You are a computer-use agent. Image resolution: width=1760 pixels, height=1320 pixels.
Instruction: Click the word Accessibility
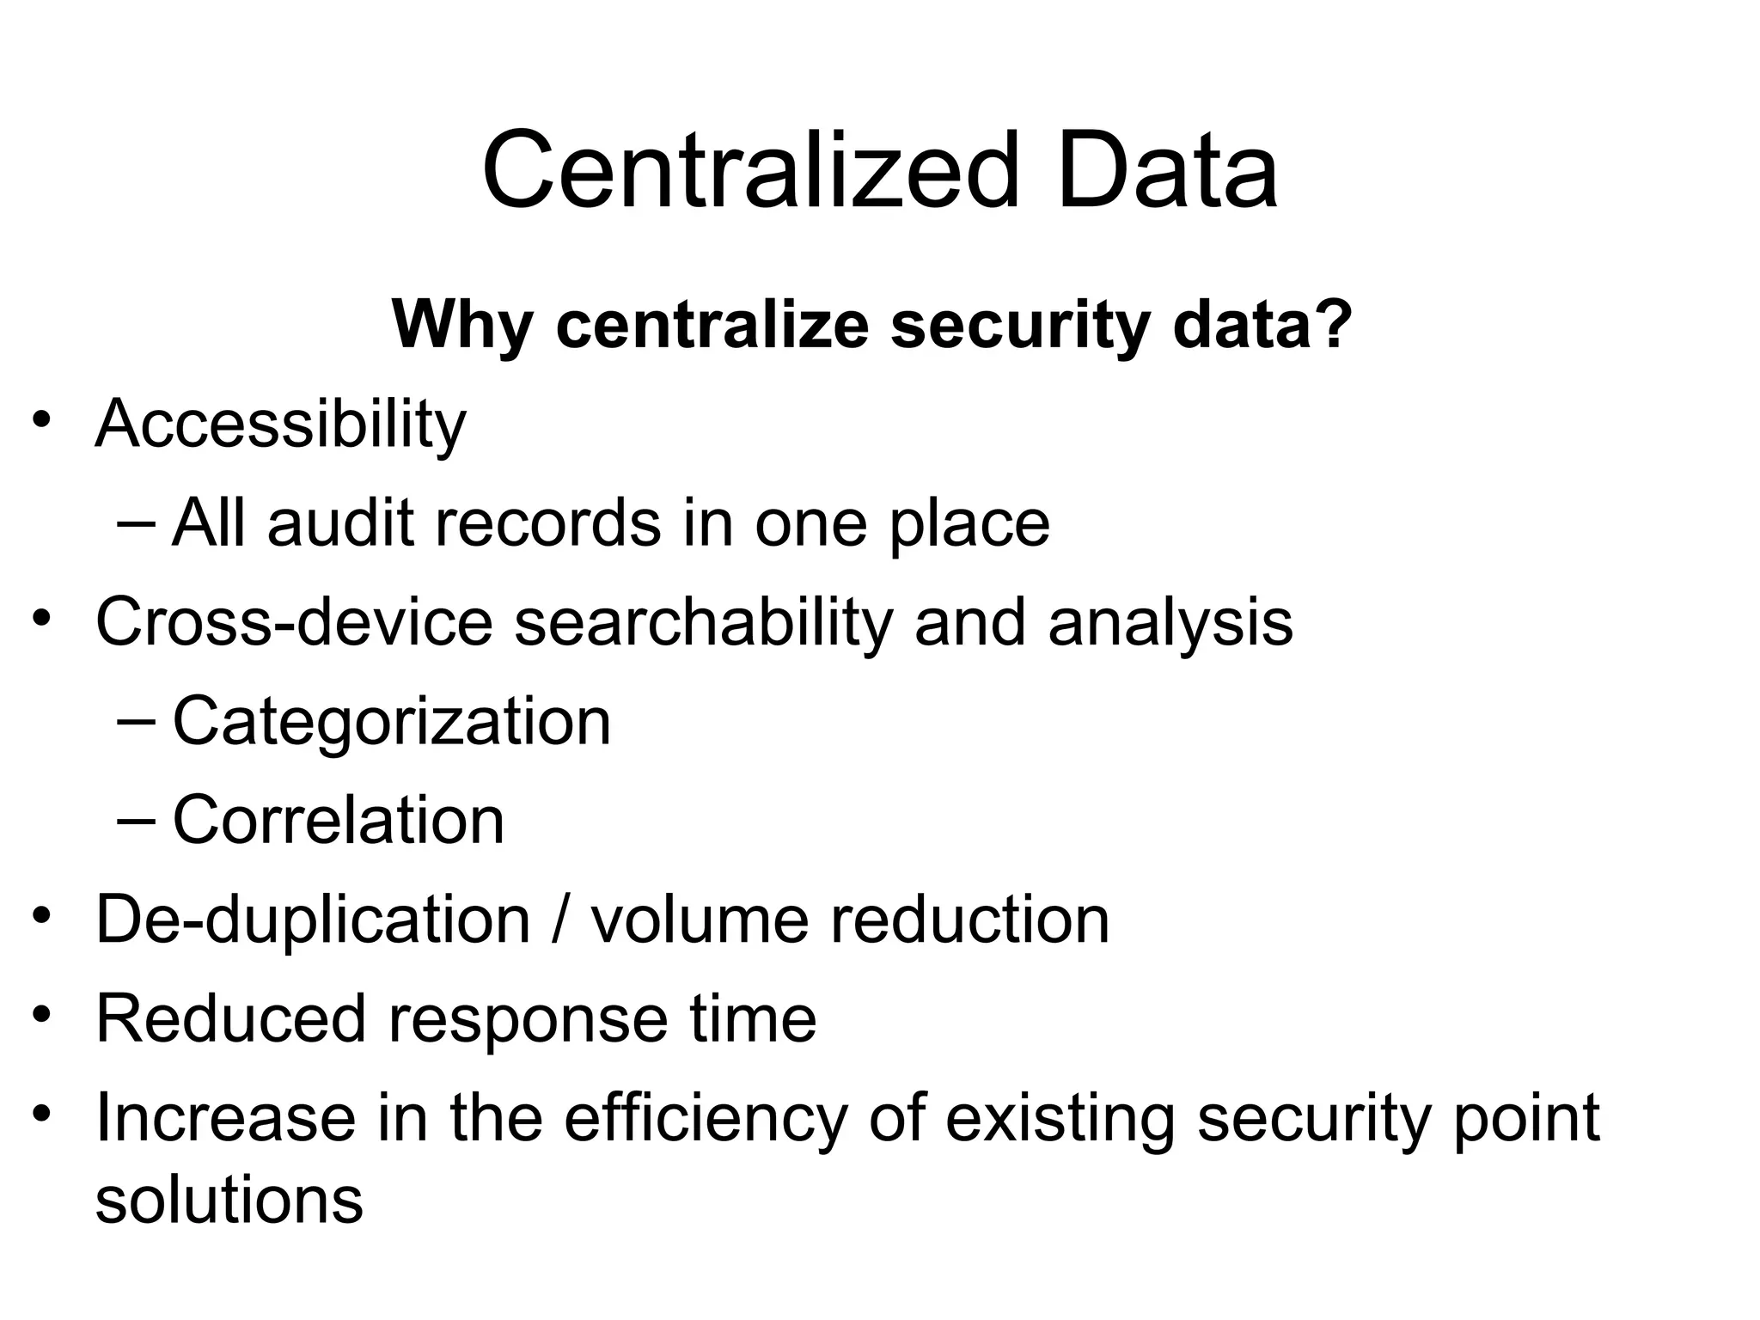coord(280,425)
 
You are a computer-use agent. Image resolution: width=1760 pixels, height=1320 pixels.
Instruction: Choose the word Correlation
coord(339,820)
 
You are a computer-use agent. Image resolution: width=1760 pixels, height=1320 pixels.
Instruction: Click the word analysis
coord(1170,624)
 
